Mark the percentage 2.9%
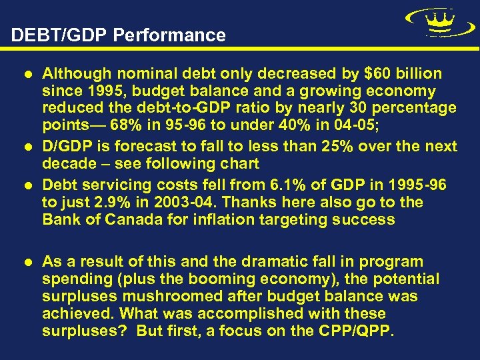[117, 202]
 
